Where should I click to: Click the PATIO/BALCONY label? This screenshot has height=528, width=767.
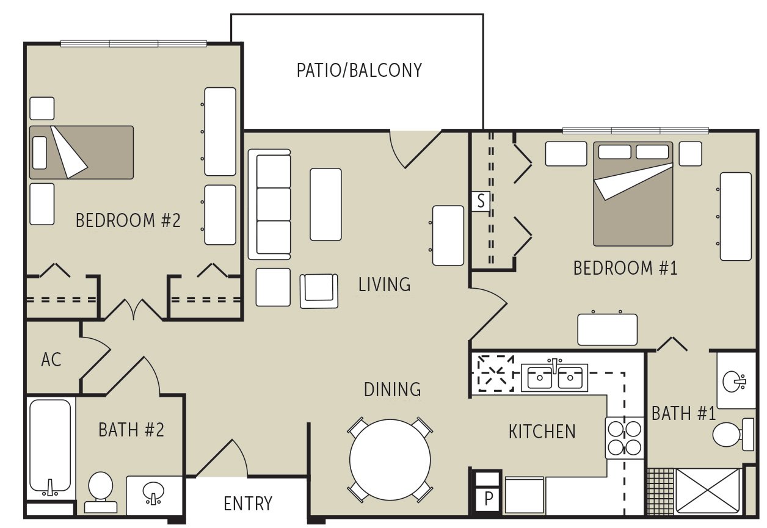359,70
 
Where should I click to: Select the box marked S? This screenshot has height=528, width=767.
481,201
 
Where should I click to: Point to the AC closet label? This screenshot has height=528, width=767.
51,360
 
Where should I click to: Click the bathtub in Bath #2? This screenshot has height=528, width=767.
50,448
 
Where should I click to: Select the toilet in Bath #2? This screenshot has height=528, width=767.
100,490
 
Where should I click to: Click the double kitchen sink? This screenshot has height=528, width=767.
554,378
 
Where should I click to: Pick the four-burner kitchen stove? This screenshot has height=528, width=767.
625,438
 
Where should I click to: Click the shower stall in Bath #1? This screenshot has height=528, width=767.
708,490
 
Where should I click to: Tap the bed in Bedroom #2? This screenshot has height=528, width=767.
81,153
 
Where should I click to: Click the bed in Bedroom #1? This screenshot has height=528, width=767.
633,193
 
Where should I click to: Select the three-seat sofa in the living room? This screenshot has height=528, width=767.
269,204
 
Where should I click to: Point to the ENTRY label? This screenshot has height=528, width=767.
247,504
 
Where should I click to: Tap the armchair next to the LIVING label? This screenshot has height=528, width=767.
319,290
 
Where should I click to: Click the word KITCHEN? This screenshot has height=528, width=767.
542,432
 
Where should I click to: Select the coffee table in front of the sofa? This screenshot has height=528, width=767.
325,204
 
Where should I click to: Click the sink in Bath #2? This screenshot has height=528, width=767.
154,493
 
